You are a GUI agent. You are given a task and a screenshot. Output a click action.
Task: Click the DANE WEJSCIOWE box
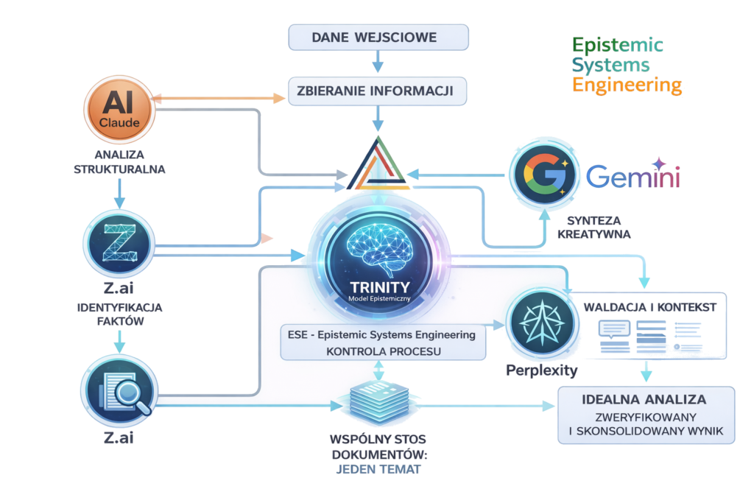tap(378, 36)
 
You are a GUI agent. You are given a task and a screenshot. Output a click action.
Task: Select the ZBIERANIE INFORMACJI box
tap(378, 93)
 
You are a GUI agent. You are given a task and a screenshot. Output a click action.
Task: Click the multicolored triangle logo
tap(376, 166)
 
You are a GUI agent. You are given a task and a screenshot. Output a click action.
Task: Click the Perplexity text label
tap(541, 370)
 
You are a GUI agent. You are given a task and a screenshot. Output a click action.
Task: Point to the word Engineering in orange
tap(627, 85)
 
